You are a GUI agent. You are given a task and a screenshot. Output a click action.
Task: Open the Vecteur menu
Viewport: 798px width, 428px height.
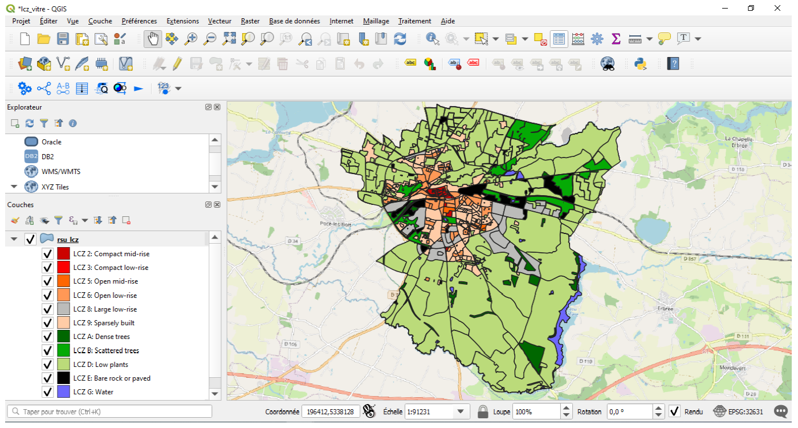(219, 21)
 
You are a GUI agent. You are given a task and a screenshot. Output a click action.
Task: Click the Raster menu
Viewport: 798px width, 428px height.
(250, 21)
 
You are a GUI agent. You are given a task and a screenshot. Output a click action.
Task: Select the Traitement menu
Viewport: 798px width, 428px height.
(414, 21)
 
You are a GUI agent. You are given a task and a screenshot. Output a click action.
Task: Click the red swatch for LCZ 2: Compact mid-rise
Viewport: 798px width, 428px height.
(63, 253)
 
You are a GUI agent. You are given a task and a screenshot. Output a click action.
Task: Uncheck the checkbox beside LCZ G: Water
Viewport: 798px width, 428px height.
(48, 392)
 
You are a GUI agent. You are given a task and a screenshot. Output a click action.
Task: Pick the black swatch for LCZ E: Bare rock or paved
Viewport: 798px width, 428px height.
(63, 378)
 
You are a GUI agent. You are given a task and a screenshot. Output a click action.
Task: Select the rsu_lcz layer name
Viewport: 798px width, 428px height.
(68, 239)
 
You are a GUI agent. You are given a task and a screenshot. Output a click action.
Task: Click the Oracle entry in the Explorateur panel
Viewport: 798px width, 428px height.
(51, 142)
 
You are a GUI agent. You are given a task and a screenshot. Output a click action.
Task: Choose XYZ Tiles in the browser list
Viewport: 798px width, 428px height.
(55, 187)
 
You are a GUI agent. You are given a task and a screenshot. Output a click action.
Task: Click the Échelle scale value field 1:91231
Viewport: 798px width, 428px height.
(427, 411)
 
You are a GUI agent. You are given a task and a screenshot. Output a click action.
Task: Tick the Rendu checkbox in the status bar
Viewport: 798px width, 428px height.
(675, 411)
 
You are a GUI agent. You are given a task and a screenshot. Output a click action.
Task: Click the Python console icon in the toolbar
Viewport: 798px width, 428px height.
(641, 63)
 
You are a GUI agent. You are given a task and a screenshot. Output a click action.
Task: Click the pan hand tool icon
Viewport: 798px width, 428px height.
(153, 39)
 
